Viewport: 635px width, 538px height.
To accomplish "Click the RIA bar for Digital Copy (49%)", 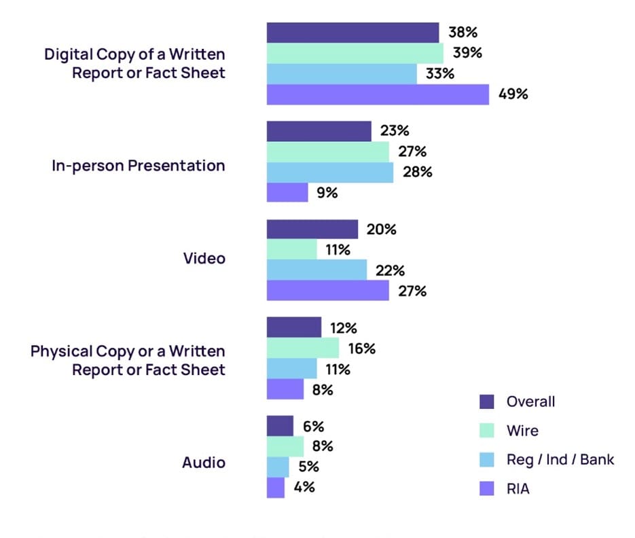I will click(x=378, y=94).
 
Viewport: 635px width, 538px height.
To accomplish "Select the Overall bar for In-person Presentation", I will click(x=319, y=131).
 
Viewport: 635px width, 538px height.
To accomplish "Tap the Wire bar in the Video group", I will click(x=291, y=250).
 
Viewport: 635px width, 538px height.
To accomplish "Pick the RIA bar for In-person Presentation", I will click(x=287, y=192).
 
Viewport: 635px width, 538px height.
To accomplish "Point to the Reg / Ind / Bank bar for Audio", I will click(x=278, y=467).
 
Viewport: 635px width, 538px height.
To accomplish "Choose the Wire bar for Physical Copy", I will click(x=302, y=348).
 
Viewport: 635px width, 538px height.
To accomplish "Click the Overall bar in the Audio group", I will click(x=280, y=427).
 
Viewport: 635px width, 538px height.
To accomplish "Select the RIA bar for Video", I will click(x=327, y=291).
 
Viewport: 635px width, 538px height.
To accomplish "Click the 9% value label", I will click(x=327, y=192).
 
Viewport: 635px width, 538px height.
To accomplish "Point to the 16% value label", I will click(x=361, y=348).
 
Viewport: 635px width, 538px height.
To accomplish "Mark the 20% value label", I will click(x=381, y=230).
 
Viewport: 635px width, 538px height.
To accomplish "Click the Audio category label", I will click(x=204, y=463).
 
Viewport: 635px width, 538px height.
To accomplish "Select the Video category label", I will click(x=204, y=259).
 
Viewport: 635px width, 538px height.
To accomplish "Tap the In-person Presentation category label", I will click(x=138, y=165).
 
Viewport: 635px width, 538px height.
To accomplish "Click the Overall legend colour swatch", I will click(x=487, y=401).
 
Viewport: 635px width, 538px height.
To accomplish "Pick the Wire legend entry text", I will click(x=522, y=431).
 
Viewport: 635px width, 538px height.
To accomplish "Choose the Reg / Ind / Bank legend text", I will click(x=560, y=460).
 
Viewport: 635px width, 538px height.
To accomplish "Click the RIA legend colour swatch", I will click(x=487, y=488).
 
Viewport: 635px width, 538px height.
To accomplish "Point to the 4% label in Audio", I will click(x=303, y=487).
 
